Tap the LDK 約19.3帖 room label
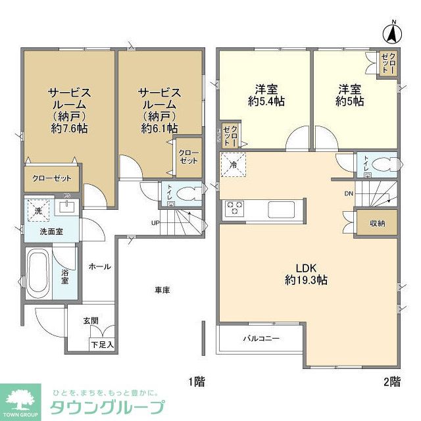click(x=307, y=274)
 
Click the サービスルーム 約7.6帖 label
click(x=68, y=110)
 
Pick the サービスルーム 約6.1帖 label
click(x=159, y=110)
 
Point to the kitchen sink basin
click(x=282, y=209)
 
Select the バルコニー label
click(x=261, y=339)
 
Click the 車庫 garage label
click(x=163, y=289)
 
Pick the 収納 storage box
click(x=376, y=223)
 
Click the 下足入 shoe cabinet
click(x=103, y=343)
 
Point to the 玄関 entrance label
click(x=91, y=320)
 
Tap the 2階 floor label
click(x=391, y=382)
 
